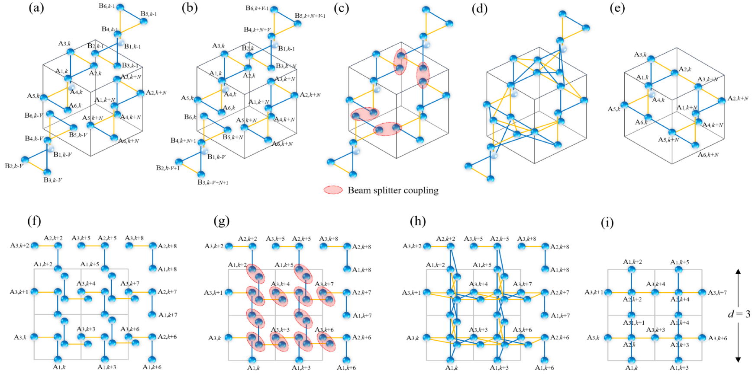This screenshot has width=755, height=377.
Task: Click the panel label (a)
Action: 36,8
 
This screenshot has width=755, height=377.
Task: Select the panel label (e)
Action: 617,8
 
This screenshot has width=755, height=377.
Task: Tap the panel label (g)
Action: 221,221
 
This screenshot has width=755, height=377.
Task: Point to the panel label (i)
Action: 607,223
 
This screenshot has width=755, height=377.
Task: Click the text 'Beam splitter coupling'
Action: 393,190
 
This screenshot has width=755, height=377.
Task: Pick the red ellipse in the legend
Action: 333,190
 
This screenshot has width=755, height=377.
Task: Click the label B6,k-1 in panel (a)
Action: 107,6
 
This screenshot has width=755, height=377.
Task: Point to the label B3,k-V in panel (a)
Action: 53,180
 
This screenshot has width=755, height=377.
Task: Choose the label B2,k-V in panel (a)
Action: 14,166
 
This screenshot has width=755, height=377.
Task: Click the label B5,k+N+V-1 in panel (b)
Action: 310,16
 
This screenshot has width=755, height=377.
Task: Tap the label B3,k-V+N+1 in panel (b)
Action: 213,182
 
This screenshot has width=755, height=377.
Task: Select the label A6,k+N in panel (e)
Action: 708,155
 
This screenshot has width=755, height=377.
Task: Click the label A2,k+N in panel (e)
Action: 738,99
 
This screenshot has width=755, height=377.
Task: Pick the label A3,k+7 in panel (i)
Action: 717,293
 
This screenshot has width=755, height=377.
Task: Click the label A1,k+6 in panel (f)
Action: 152,367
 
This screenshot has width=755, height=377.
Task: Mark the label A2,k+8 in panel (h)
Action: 560,246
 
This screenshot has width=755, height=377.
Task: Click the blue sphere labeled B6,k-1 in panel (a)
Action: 120,8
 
